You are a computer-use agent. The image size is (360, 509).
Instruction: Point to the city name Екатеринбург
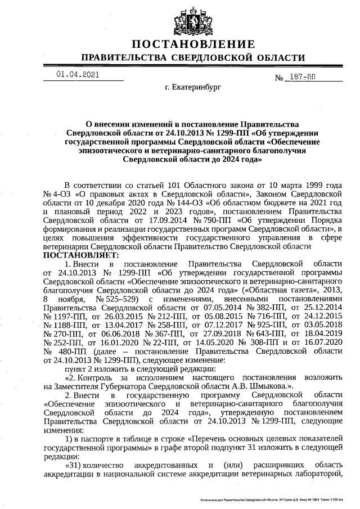click(193, 88)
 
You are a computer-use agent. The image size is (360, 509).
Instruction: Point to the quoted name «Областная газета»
click(287, 289)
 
